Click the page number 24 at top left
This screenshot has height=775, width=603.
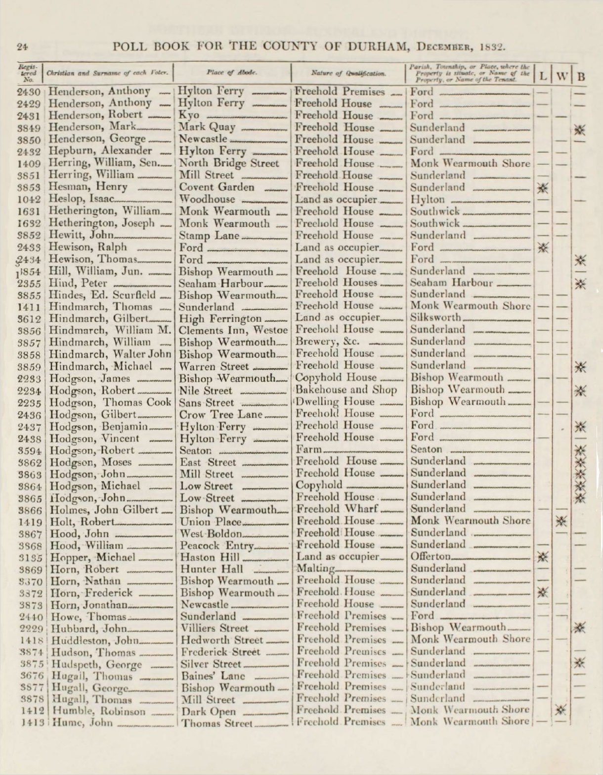(x=22, y=48)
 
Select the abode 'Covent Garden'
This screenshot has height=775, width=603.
(x=216, y=187)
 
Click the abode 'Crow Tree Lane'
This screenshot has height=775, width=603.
(x=220, y=415)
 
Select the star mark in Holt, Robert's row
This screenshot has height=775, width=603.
(x=560, y=521)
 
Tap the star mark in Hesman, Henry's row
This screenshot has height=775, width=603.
(x=543, y=188)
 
